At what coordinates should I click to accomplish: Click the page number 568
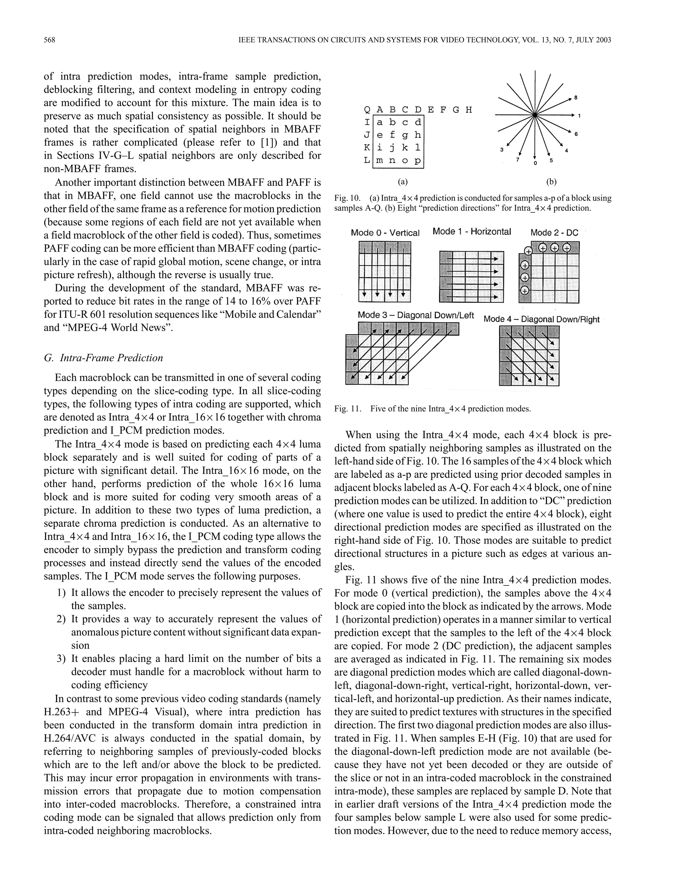tap(49, 40)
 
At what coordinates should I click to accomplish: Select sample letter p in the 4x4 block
tap(418, 161)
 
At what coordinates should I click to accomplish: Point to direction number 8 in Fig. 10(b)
tap(575, 98)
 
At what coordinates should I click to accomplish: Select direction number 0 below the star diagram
tap(535, 163)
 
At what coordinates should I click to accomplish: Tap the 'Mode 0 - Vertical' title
tap(385, 233)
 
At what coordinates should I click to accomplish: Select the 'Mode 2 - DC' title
tap(554, 233)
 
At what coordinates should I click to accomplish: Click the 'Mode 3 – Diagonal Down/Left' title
tap(416, 315)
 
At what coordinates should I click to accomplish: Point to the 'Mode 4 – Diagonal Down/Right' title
tap(541, 319)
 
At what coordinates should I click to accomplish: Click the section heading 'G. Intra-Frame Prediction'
tap(103, 358)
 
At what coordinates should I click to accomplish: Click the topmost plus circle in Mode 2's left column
tap(528, 251)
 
